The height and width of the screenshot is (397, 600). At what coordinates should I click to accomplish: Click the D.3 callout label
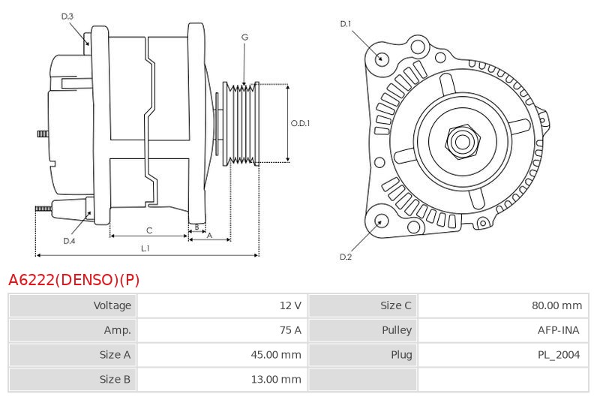(67, 16)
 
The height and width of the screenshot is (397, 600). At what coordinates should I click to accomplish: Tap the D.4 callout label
(69, 241)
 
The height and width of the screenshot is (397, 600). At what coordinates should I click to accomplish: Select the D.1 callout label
(346, 24)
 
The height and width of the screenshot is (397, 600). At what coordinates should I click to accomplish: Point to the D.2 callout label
(346, 257)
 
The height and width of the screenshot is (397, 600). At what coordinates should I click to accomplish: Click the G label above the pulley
(245, 37)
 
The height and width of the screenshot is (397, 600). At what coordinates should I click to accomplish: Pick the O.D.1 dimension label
(300, 123)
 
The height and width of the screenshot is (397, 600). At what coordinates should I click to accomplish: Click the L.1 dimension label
(145, 248)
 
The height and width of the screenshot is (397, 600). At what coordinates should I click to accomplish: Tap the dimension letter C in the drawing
(149, 230)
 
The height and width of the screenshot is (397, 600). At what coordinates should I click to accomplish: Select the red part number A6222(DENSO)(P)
(73, 280)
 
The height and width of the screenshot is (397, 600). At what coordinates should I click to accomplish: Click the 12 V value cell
(290, 305)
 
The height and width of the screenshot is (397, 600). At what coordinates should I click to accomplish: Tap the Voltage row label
(112, 305)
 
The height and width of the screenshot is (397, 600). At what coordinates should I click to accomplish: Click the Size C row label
(396, 305)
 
